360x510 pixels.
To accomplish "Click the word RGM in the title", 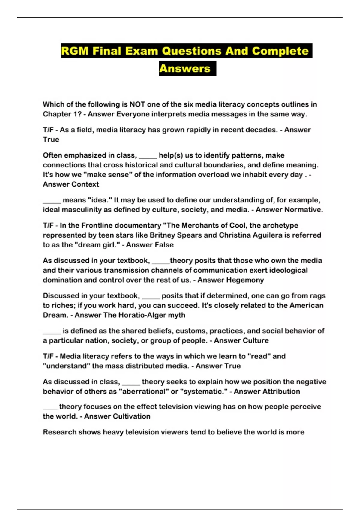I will tap(75, 51).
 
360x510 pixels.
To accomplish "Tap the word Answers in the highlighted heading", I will tap(185, 69).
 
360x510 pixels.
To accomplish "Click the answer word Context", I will tap(85, 184).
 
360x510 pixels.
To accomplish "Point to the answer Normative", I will tap(304, 210).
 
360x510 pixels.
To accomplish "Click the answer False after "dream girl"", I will tap(162, 245).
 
